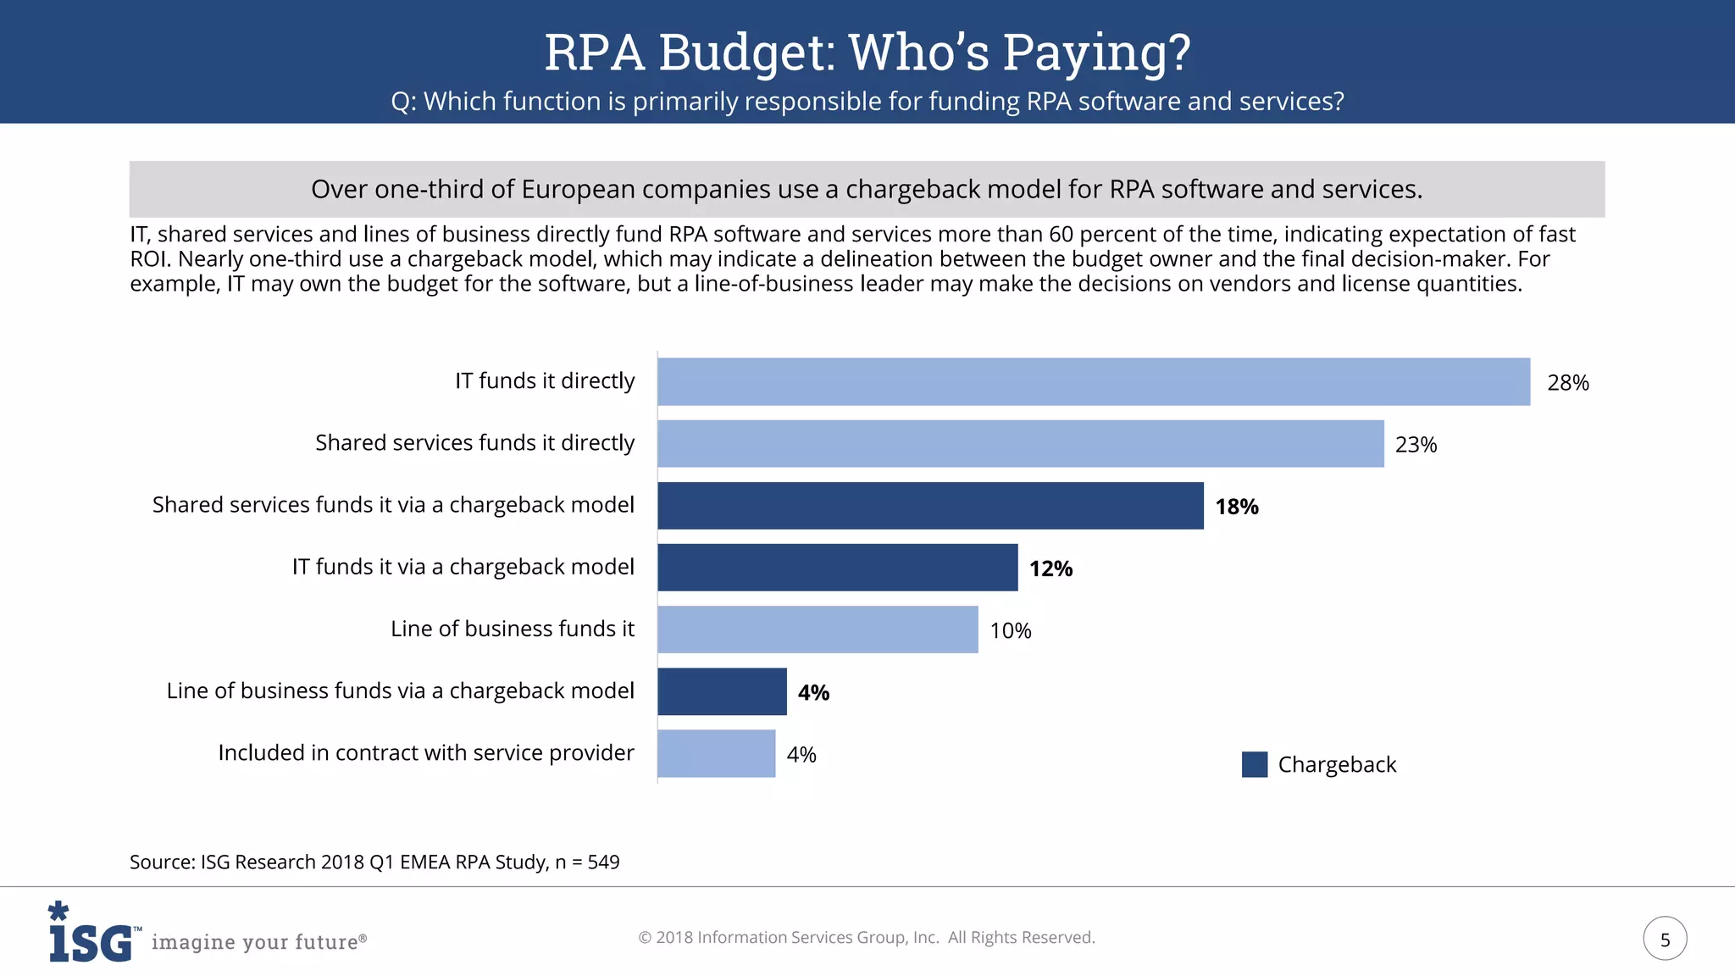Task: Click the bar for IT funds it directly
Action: pyautogui.click(x=1093, y=381)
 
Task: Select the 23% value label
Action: pyautogui.click(x=1416, y=445)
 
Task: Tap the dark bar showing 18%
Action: pyautogui.click(x=930, y=506)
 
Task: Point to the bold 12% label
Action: pyautogui.click(x=1050, y=568)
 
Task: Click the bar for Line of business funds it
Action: pyautogui.click(x=818, y=629)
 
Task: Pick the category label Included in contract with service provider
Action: pyautogui.click(x=426, y=752)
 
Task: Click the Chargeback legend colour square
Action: pyautogui.click(x=1254, y=764)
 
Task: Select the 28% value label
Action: pyautogui.click(x=1567, y=383)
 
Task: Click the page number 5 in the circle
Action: pyautogui.click(x=1665, y=939)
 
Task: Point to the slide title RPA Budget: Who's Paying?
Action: pyautogui.click(x=867, y=53)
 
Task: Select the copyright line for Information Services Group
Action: pyautogui.click(x=866, y=937)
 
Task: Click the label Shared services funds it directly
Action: pyautogui.click(x=474, y=443)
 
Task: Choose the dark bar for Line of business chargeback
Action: pyautogui.click(x=722, y=691)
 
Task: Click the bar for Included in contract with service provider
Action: pyautogui.click(x=716, y=753)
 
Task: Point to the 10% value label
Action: pyautogui.click(x=1010, y=631)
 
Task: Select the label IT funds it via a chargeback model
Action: pyautogui.click(x=463, y=567)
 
